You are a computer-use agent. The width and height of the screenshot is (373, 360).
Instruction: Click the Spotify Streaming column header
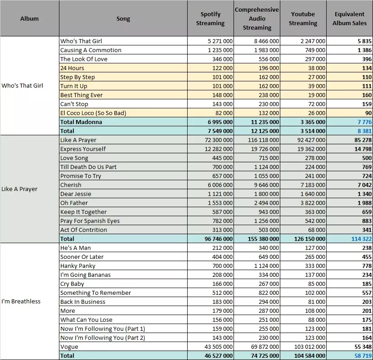210,18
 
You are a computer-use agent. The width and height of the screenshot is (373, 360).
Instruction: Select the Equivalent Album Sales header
350,18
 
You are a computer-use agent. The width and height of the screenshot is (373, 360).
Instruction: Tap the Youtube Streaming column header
303,18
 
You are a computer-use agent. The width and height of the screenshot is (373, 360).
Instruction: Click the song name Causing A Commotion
90,50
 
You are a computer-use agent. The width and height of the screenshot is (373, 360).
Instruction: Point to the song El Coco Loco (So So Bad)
93,113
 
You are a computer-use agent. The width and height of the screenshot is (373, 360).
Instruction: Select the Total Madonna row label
81,122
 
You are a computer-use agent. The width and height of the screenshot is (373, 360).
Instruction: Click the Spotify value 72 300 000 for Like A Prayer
218,140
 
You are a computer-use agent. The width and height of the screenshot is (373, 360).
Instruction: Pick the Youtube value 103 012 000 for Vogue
310,347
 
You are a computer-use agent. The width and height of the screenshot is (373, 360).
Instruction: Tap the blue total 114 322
361,239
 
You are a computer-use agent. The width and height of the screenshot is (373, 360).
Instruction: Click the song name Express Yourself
83,149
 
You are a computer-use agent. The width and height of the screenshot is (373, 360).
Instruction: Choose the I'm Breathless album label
21,301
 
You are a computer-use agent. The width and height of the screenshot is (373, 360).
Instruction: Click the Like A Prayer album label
19,189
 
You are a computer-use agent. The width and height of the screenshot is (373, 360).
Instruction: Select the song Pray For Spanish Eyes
90,221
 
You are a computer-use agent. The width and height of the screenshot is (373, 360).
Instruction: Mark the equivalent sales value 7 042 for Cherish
364,185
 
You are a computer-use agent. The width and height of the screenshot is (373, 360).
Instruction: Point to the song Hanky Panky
78,266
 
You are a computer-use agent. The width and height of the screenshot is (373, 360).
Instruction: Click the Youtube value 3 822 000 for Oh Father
313,203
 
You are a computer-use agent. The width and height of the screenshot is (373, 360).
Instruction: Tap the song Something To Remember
96,293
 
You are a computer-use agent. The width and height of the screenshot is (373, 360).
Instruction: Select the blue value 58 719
363,356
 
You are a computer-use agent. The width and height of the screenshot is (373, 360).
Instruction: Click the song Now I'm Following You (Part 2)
103,338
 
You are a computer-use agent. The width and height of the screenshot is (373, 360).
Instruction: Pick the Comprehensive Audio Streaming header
257,18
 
